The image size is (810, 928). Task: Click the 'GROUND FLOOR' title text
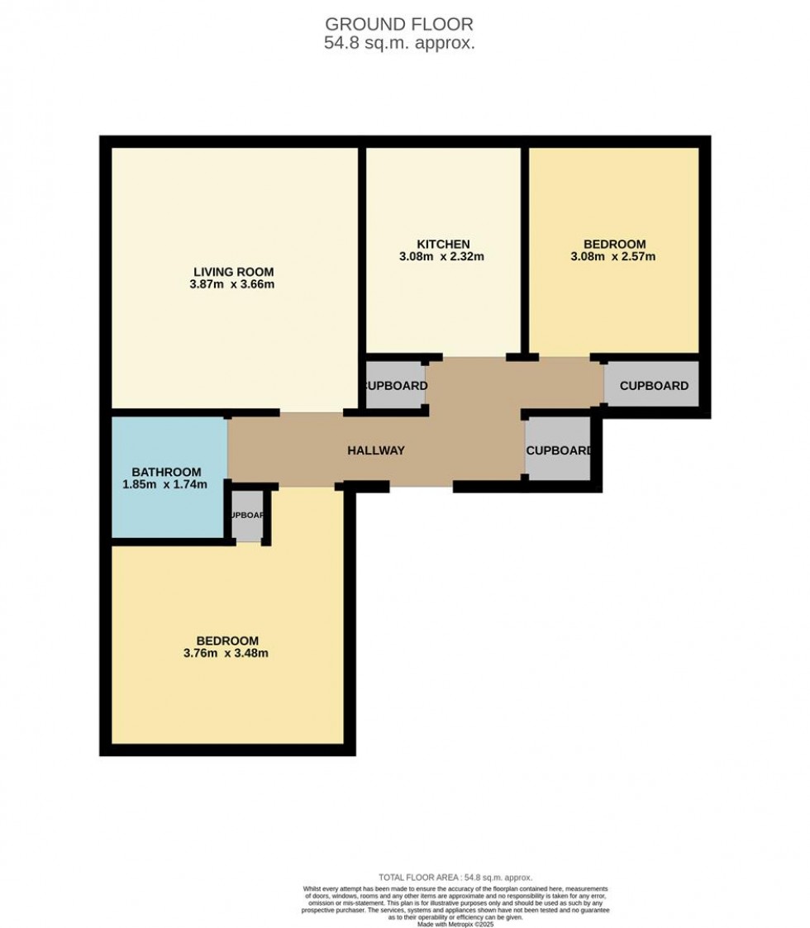coord(399,24)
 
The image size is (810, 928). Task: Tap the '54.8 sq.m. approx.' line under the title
coord(399,44)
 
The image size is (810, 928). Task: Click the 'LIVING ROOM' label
coord(233,272)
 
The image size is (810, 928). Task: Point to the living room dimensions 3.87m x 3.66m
coord(233,285)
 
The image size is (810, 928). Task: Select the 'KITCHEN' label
coord(443,244)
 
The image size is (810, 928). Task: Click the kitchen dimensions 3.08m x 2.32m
coord(443,257)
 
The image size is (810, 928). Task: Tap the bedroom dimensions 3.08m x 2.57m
coord(614,257)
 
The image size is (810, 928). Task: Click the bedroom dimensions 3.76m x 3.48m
coord(227,654)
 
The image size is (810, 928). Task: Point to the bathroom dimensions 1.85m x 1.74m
coord(163,485)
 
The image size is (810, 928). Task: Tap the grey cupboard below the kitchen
coord(395,385)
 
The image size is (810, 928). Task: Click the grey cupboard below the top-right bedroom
coord(653,385)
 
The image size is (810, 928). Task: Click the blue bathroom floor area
coord(165,512)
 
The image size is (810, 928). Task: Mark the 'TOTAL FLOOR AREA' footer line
coord(455,878)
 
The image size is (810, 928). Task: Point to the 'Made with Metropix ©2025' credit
coord(455,924)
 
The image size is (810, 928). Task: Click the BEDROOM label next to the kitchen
coord(614,244)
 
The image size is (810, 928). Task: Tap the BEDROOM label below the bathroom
coord(227,640)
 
